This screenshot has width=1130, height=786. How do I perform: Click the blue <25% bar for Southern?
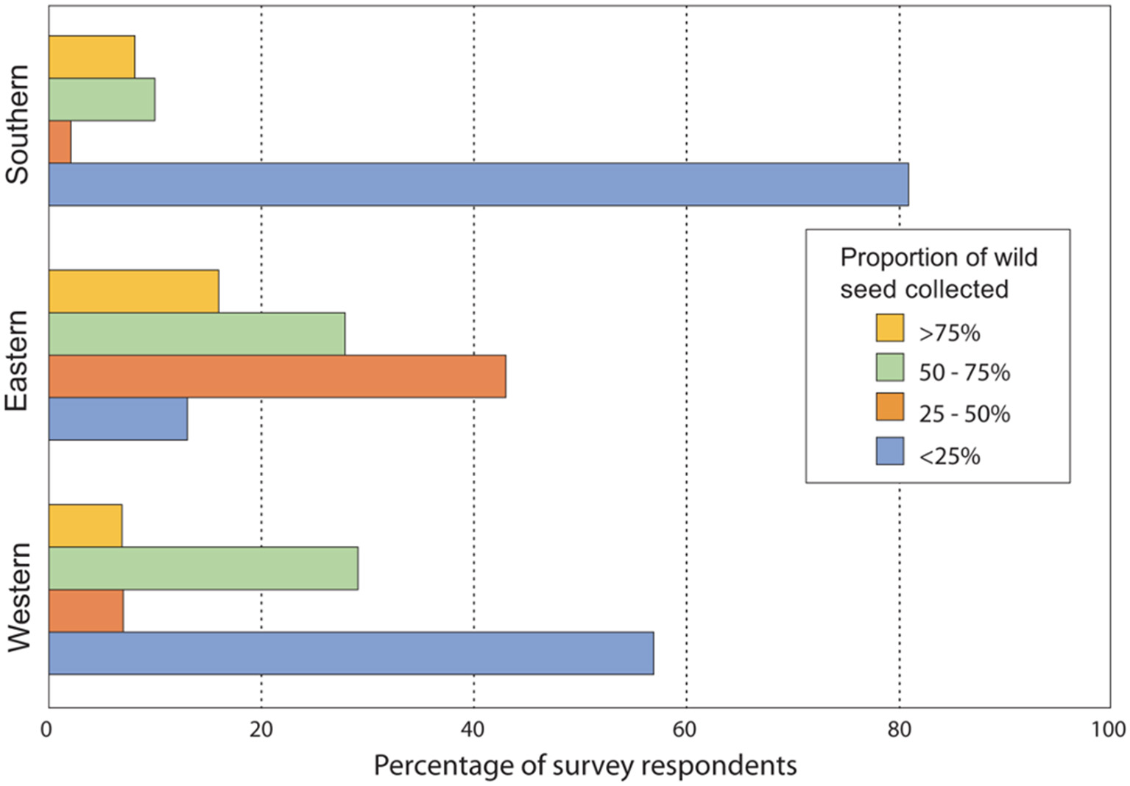(479, 184)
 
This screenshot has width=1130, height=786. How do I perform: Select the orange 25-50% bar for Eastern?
(277, 377)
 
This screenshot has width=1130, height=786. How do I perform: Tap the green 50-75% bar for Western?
(203, 568)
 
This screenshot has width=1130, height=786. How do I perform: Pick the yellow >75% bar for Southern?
(91, 57)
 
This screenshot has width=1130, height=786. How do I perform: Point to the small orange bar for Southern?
(60, 142)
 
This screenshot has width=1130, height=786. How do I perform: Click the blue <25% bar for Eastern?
(118, 419)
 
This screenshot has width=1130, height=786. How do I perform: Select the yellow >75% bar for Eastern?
(133, 291)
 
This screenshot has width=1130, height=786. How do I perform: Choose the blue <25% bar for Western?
(350, 653)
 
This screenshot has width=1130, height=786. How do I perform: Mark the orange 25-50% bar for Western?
(85, 611)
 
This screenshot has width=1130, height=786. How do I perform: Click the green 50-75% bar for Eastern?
(197, 334)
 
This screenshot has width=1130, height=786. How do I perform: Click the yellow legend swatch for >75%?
(889, 328)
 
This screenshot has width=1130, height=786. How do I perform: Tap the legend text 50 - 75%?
(964, 372)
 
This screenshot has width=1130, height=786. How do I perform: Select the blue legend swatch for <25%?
(889, 451)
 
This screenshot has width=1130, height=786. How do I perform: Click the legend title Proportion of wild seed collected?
(938, 273)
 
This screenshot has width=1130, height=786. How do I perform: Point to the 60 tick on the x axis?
(685, 729)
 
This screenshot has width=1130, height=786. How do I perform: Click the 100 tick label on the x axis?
(1109, 729)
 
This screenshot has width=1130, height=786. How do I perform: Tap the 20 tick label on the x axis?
(261, 729)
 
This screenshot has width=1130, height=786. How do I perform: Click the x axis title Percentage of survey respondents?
(585, 765)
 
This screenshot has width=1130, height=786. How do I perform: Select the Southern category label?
(18, 124)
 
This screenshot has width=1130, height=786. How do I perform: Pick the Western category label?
(19, 597)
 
